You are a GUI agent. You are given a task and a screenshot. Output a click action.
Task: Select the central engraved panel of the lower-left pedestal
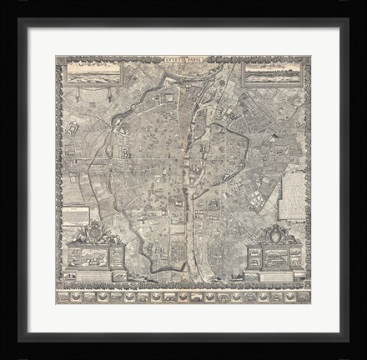click(94, 258)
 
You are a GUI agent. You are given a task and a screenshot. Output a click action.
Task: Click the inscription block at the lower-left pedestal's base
click(94, 278)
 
